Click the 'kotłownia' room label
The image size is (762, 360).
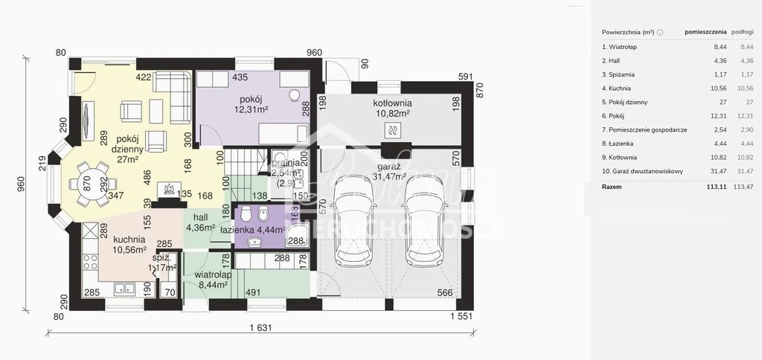point(393,103)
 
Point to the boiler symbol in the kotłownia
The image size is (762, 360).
point(392,130)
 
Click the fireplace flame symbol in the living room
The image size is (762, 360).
point(170,190)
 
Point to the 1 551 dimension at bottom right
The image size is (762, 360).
point(462,317)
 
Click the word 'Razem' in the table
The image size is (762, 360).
point(613,187)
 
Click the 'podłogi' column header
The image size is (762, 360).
point(743,32)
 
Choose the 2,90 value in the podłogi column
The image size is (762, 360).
point(743,129)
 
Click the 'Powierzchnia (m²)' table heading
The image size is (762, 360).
point(628,32)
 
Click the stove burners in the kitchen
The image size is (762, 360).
point(89,263)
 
